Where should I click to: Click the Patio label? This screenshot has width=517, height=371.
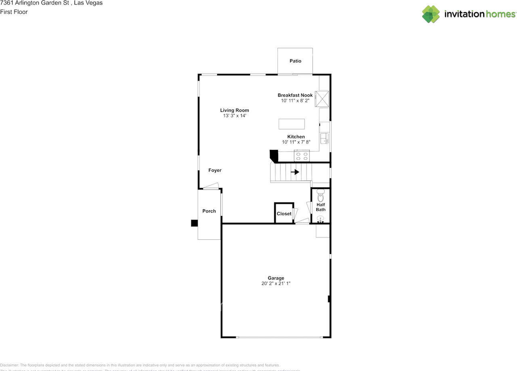pyautogui.click(x=295, y=61)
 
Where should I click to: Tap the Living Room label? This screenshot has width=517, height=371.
pyautogui.click(x=234, y=110)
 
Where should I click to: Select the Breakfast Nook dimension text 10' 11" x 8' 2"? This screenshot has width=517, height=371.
pyautogui.click(x=295, y=101)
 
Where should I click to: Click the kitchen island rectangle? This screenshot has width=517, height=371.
pyautogui.click(x=292, y=124)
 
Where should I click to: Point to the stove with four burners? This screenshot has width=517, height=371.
pyautogui.click(x=302, y=156)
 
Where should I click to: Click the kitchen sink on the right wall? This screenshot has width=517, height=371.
pyautogui.click(x=324, y=139)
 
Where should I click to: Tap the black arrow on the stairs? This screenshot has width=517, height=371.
pyautogui.click(x=295, y=172)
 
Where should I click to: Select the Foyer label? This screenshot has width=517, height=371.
pyautogui.click(x=215, y=171)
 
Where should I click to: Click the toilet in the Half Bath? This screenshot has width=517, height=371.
pyautogui.click(x=321, y=196)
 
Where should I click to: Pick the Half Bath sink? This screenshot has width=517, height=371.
pyautogui.click(x=320, y=219)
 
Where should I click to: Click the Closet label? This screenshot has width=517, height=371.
pyautogui.click(x=284, y=214)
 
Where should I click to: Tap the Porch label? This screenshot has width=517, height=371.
pyautogui.click(x=209, y=211)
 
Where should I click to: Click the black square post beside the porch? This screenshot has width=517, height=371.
pyautogui.click(x=194, y=223)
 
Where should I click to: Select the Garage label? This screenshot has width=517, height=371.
pyautogui.click(x=276, y=278)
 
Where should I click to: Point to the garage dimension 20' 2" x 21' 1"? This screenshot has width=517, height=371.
pyautogui.click(x=276, y=284)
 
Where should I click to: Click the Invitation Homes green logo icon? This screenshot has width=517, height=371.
pyautogui.click(x=431, y=14)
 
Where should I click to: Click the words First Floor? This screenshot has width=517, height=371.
pyautogui.click(x=14, y=12)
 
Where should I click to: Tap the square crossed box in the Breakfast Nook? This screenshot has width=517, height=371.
pyautogui.click(x=322, y=98)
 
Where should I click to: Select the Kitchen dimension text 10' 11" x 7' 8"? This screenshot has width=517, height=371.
pyautogui.click(x=296, y=142)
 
